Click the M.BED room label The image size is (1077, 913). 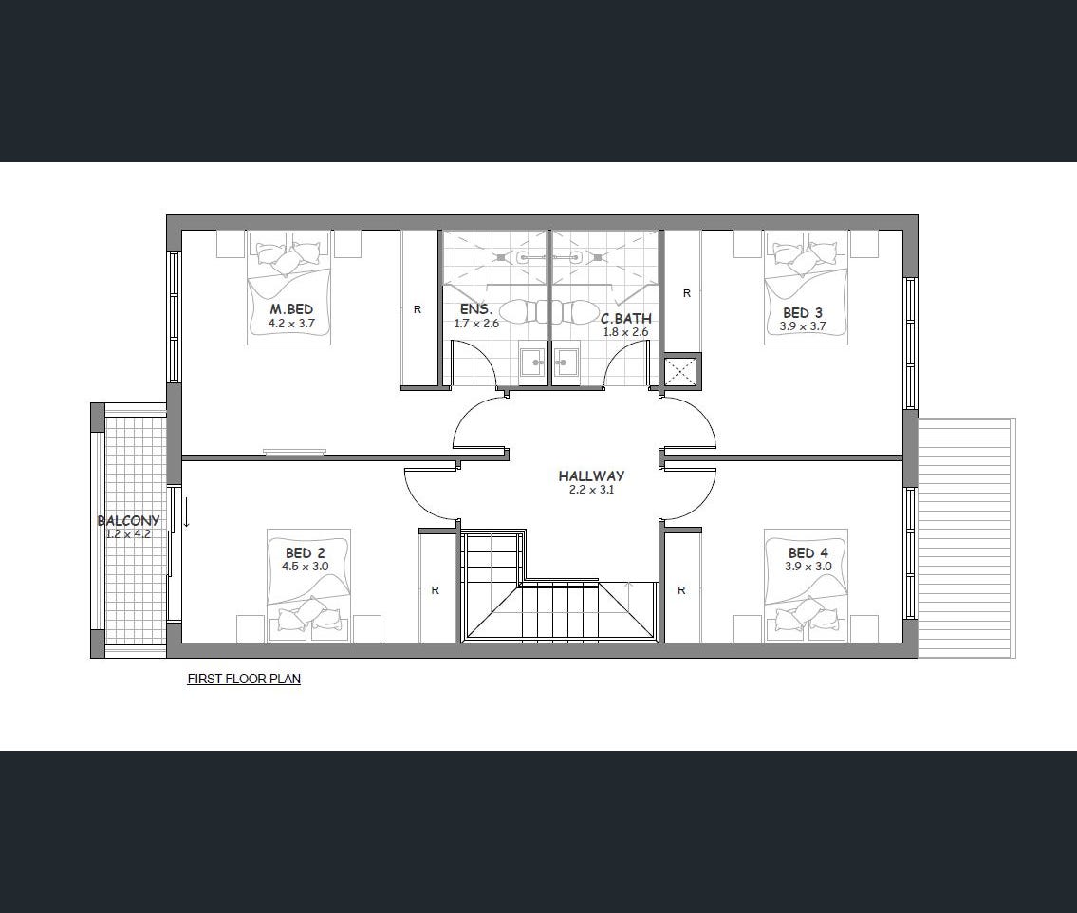291,309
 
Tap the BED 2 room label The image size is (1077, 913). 305,553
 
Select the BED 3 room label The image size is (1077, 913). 802,313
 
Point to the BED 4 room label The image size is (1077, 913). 808,553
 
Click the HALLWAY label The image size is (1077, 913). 591,475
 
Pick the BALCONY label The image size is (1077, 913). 128,521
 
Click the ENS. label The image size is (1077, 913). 476,309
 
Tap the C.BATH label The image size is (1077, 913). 625,319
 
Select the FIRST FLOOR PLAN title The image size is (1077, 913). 244,679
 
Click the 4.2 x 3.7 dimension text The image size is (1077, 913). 291,322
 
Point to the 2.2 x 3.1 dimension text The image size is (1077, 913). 591,490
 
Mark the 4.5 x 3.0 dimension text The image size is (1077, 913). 305,567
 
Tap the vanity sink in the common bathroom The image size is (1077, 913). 566,362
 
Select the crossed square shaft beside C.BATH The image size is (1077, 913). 680,372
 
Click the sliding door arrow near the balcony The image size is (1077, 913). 185,513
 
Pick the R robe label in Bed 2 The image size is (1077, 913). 435,590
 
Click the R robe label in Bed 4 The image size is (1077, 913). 681,590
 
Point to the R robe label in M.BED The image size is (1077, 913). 417,309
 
